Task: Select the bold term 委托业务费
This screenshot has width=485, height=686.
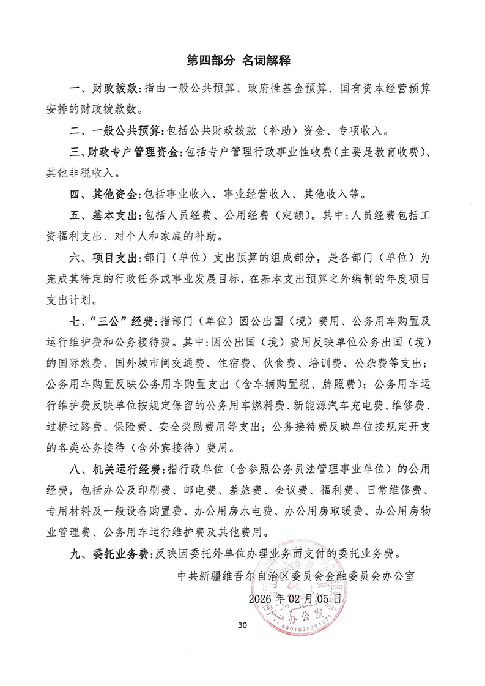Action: click(x=122, y=554)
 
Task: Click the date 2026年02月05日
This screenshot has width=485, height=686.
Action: click(x=294, y=597)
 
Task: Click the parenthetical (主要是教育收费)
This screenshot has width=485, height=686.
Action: click(x=372, y=152)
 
